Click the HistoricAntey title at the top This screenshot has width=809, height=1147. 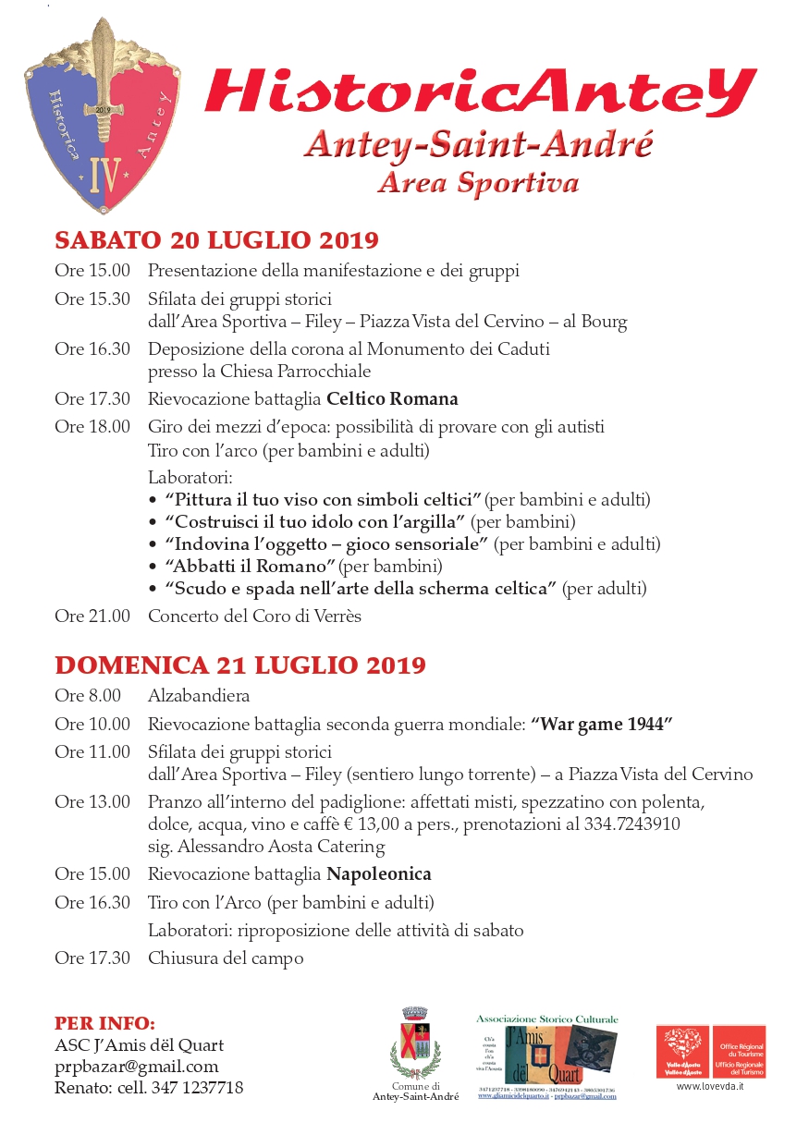coord(480,93)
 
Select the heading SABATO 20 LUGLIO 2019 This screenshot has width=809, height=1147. coord(217,240)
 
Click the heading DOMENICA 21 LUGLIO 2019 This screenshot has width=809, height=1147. coord(240,665)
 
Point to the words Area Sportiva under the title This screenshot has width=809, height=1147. coord(478,182)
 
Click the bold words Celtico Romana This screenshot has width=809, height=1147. coord(392,399)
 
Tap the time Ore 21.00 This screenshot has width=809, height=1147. coord(92,616)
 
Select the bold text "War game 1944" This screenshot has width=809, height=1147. coord(601,725)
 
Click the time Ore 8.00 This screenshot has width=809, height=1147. coord(88,695)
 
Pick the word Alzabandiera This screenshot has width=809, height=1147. coord(199,695)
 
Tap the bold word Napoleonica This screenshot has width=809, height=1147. coord(379,873)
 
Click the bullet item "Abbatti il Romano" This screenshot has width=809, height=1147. coord(250,566)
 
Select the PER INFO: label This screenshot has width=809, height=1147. coord(104,1023)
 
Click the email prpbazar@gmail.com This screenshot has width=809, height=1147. coord(137,1067)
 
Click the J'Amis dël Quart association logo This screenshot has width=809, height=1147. coord(547,1054)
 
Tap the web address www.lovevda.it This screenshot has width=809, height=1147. coord(710,1086)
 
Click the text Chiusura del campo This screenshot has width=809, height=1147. coord(226,958)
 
